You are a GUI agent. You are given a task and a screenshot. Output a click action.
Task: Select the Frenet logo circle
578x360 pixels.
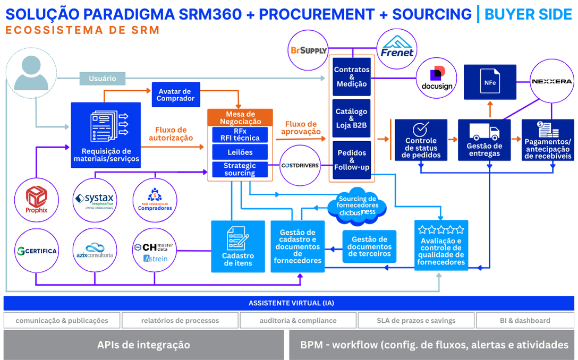point(397,49)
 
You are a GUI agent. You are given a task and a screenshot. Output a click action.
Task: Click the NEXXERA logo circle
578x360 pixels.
point(552,82)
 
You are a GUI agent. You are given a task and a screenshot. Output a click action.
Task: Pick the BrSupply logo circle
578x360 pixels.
point(308,50)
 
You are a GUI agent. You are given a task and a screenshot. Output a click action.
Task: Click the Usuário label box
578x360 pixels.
point(103,79)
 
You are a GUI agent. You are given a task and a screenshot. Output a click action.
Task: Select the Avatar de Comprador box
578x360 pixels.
point(175,94)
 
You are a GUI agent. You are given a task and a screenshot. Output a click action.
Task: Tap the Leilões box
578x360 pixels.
point(240,152)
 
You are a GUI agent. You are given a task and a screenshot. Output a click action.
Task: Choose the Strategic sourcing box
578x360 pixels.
point(240,169)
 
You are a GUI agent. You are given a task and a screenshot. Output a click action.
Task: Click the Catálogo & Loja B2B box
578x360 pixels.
point(351,118)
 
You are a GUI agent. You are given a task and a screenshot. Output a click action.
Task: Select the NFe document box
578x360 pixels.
point(490,82)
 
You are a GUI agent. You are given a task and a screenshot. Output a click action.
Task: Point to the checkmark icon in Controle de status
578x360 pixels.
point(421,129)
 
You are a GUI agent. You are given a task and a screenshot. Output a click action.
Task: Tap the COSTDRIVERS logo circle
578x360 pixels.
point(300,165)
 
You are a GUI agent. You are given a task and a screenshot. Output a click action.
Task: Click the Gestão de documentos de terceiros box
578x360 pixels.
point(369,246)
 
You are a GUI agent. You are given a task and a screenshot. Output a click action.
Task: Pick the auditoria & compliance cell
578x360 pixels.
point(297,321)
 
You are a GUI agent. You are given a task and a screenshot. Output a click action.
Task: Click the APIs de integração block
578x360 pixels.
point(143,345)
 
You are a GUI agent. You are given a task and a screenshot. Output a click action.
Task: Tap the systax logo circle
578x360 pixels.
point(95,199)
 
